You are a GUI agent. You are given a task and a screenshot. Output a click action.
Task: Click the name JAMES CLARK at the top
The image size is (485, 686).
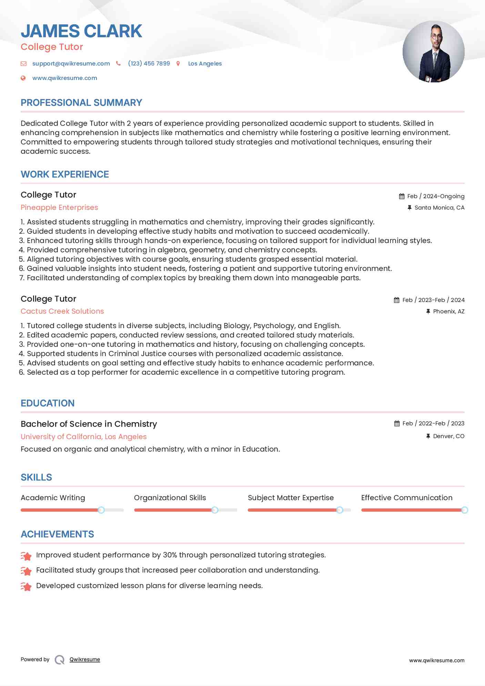(81, 31)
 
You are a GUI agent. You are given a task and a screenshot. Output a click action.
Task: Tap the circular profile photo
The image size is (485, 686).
(433, 52)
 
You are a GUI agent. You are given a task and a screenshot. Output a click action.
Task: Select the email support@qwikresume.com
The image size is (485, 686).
(71, 64)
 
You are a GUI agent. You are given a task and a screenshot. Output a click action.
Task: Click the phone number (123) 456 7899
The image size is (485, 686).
(149, 64)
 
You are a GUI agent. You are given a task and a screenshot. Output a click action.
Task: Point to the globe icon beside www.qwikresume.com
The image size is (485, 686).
(23, 78)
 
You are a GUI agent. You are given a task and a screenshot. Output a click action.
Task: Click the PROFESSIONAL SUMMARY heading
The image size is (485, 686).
(81, 103)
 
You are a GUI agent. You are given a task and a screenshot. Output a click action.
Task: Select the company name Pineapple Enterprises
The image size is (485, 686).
(59, 208)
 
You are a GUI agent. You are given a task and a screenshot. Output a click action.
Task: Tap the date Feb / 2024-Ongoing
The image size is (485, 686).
(436, 196)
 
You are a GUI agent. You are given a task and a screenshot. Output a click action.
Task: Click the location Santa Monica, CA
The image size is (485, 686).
(439, 208)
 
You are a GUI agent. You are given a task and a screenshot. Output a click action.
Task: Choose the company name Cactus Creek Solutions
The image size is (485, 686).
(62, 311)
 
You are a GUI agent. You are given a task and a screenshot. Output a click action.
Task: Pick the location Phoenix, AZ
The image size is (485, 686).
(448, 312)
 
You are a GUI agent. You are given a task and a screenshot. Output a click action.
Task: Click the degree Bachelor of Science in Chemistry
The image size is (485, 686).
(89, 424)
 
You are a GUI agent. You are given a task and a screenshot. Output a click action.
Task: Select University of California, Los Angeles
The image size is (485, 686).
(83, 437)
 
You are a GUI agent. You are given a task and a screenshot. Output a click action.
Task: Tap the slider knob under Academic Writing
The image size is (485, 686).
(101, 510)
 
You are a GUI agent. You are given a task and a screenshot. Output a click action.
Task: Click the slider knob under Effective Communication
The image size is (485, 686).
(464, 510)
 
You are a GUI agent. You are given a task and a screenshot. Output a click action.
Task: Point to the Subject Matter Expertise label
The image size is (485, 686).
(291, 498)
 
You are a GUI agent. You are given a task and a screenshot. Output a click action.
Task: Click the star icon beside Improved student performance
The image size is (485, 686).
(26, 556)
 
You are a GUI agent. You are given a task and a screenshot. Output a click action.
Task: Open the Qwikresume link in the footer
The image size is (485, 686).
(85, 659)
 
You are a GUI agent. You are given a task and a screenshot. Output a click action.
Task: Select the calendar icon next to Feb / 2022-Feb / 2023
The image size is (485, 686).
(397, 424)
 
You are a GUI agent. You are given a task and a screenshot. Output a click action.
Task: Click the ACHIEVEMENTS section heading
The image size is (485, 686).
(57, 534)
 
